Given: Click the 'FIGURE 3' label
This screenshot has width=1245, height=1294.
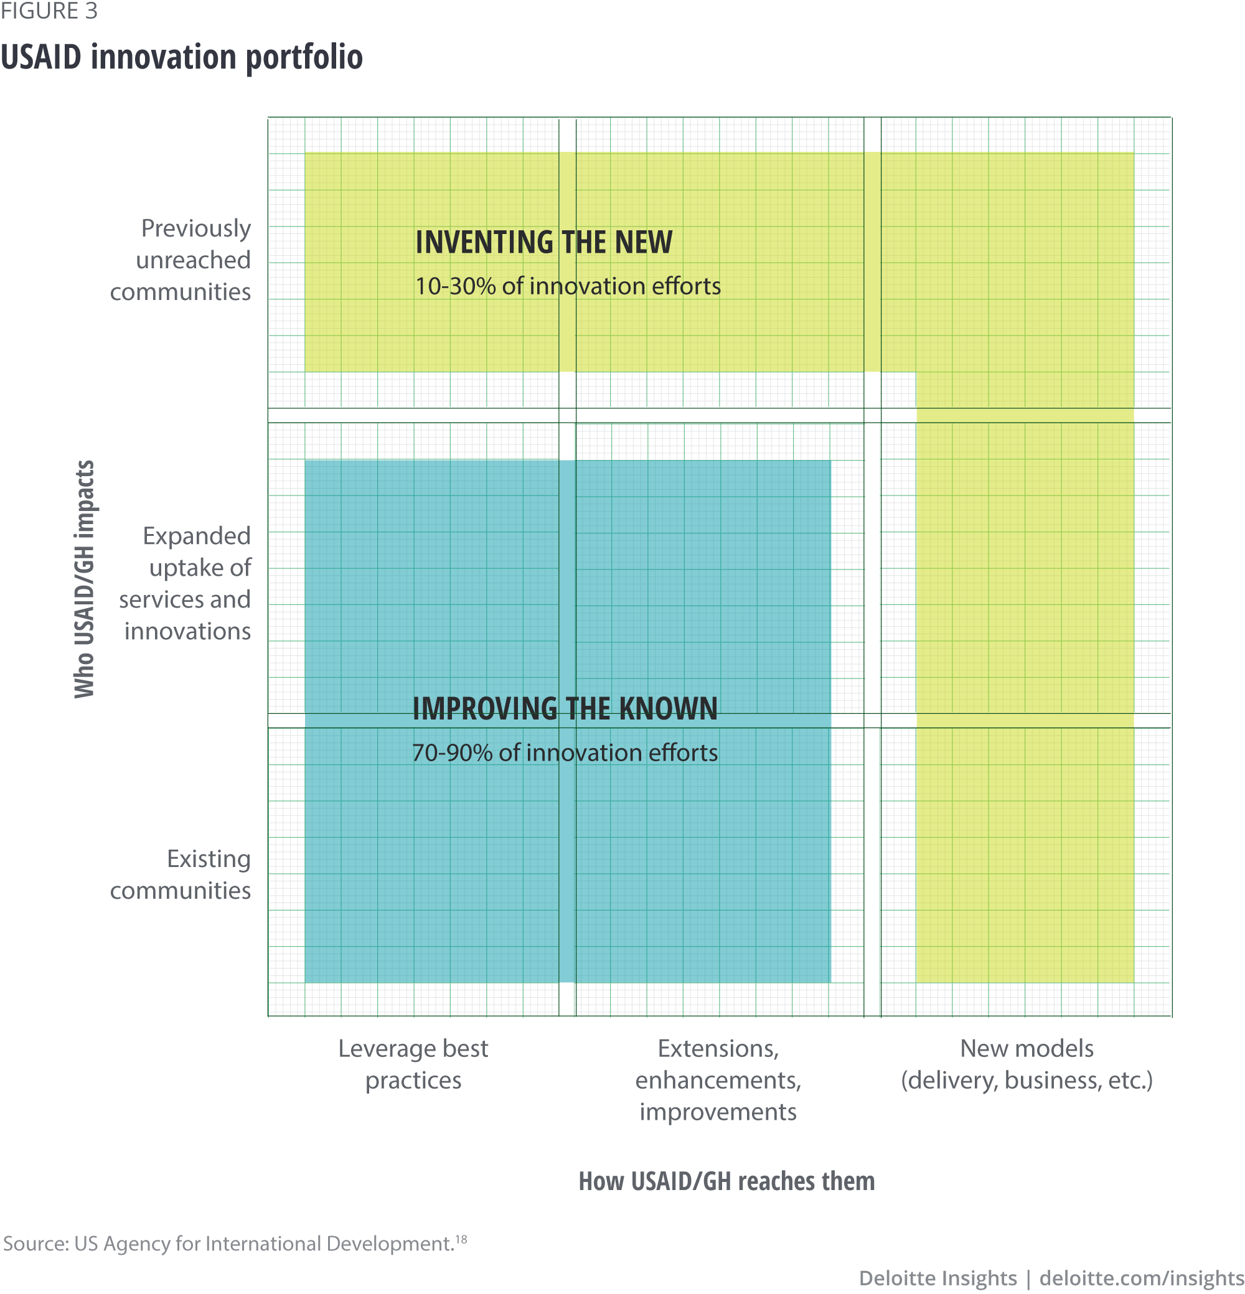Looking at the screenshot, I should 49,11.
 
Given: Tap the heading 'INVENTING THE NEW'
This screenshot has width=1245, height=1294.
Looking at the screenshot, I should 543,242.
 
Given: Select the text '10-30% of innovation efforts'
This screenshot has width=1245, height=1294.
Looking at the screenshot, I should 568,286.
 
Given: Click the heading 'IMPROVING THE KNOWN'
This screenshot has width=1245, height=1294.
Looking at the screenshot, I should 565,708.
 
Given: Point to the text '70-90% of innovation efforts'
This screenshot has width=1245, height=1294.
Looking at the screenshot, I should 565,752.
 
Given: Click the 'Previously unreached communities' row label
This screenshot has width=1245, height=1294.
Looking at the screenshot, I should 181,260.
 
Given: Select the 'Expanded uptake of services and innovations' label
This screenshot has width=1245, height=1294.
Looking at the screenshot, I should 186,583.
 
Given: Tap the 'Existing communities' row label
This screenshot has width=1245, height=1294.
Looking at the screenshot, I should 181,874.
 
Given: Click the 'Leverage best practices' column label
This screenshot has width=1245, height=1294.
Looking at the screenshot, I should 413,1064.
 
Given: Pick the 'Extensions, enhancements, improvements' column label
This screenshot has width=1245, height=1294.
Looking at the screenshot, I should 718,1079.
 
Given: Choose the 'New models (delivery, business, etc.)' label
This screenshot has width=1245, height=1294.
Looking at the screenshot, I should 1027,1064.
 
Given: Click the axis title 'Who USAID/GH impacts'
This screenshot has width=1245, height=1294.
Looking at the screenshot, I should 85,578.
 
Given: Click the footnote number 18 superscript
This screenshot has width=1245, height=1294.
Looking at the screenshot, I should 461,1239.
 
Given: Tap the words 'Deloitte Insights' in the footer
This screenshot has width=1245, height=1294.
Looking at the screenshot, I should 937,1278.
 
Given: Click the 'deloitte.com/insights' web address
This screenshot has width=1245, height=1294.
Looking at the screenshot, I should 1142,1278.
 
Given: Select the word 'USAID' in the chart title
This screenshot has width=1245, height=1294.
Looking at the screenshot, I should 41,57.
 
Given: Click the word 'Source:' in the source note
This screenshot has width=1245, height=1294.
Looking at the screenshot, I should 35,1244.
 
